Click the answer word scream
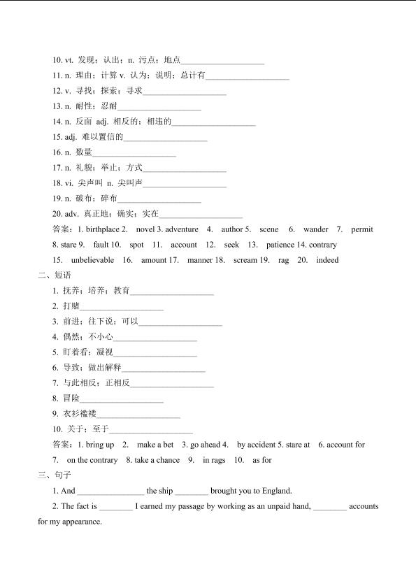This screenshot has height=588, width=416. click(245, 260)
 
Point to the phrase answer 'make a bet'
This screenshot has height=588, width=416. click(155, 445)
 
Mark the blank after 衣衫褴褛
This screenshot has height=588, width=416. click(138, 414)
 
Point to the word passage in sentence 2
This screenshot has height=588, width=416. click(181, 506)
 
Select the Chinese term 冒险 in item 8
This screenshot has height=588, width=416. click(71, 399)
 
